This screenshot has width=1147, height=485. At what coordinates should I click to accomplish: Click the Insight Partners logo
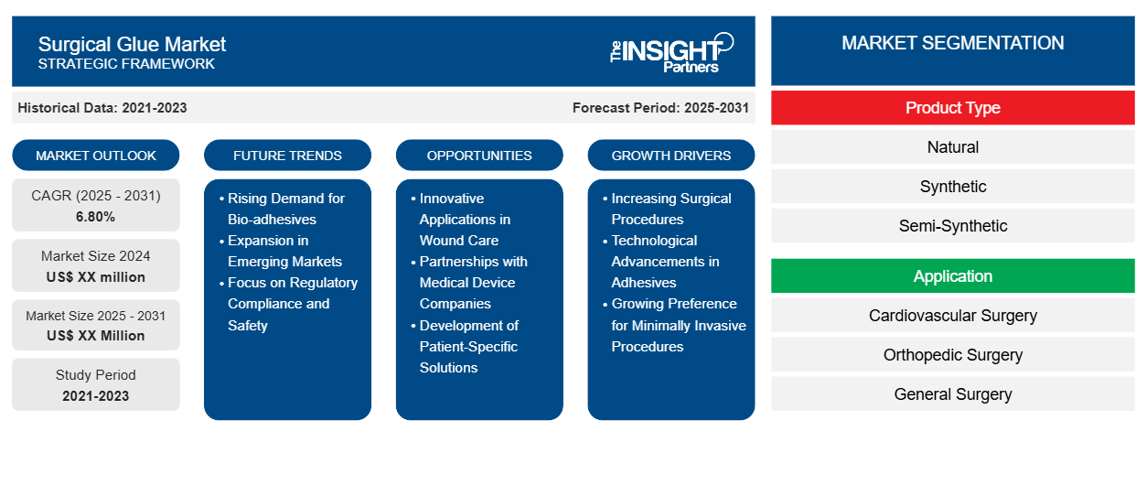coord(671,51)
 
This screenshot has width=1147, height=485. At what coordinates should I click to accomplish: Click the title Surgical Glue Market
coord(132,44)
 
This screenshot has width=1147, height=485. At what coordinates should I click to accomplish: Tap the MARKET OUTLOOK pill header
coord(96,156)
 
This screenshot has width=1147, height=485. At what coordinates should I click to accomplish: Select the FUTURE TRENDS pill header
coord(287,156)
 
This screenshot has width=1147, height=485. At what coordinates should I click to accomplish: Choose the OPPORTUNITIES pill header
coord(479,156)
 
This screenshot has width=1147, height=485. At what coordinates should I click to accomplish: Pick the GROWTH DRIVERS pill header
coord(671,156)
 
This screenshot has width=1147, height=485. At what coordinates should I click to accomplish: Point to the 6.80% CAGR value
coord(96,217)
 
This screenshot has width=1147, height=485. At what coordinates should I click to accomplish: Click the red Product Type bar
coord(952,108)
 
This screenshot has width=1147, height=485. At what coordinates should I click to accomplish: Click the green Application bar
coord(952,276)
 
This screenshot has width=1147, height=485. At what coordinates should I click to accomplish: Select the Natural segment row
coord(952,147)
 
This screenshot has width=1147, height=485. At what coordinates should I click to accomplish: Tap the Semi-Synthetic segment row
coord(952,226)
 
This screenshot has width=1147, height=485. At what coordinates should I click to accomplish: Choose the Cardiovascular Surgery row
coord(952,316)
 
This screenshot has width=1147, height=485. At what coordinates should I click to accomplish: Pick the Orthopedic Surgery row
coord(952,355)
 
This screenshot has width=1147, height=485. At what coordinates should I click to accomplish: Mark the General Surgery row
coord(952,394)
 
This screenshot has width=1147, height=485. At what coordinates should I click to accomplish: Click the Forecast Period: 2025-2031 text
coord(660,108)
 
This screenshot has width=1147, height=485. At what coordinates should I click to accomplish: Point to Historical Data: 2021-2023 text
coord(102,108)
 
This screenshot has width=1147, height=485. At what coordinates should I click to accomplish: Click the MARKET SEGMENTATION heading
coord(952,43)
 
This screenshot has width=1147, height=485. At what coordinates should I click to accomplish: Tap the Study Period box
coord(96,384)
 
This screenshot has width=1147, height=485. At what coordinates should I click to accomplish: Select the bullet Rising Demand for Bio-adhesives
coord(285,209)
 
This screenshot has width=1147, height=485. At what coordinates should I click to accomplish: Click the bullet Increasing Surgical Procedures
coord(670,209)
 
